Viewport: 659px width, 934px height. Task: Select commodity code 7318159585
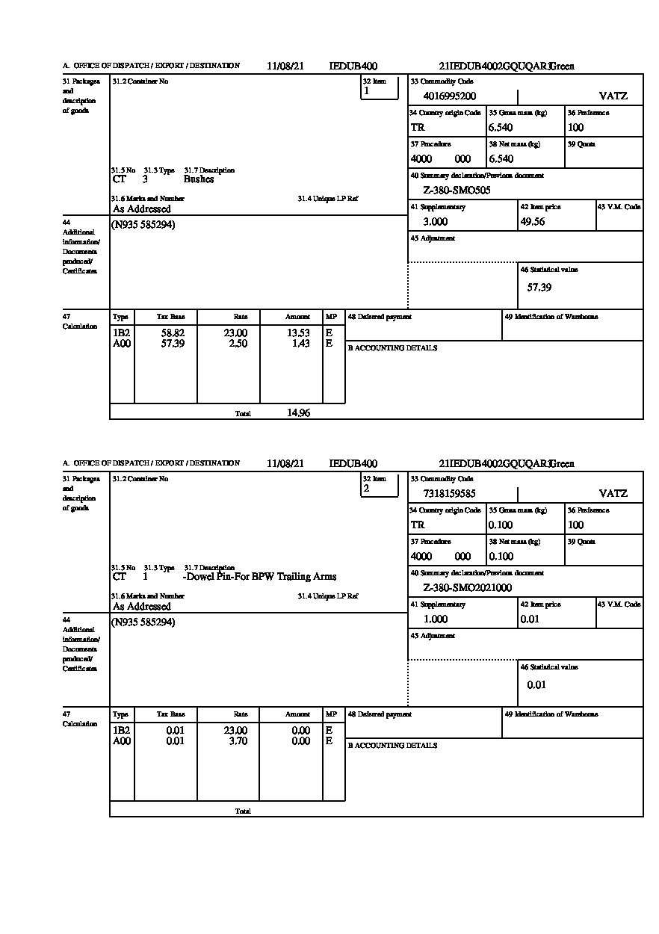tap(449, 494)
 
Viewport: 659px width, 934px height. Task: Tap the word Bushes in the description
tap(199, 179)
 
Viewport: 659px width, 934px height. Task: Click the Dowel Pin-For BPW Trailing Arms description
tap(260, 577)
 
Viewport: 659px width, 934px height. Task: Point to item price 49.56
tap(533, 222)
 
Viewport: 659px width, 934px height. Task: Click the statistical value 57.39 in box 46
tap(539, 288)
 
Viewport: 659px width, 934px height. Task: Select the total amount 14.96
tap(299, 413)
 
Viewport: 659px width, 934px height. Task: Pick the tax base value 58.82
tap(173, 333)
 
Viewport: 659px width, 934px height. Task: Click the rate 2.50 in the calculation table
tap(238, 344)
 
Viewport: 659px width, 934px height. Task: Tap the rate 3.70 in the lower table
tap(238, 741)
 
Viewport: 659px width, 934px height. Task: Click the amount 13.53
tap(299, 333)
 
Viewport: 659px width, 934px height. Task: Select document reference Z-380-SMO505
tap(457, 191)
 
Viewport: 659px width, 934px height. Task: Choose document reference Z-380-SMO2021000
tap(468, 588)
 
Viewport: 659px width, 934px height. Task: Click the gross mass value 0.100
tap(501, 525)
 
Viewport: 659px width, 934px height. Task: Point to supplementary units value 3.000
tap(436, 222)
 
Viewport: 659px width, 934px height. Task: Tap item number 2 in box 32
tap(366, 489)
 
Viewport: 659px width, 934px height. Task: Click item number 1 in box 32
tap(366, 91)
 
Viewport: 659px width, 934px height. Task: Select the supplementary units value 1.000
tap(436, 619)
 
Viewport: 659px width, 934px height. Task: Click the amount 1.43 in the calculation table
tap(301, 344)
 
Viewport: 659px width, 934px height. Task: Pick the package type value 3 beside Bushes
tap(145, 179)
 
